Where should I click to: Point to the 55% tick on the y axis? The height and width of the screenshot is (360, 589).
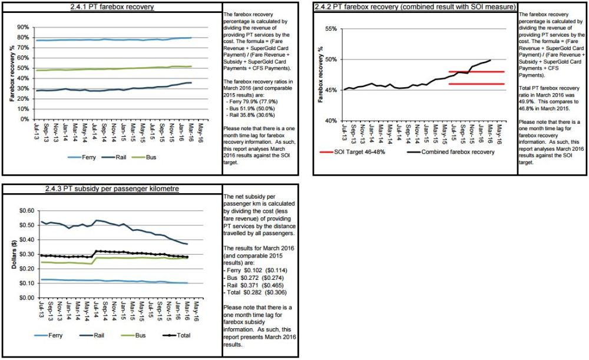pyautogui.click(x=330, y=29)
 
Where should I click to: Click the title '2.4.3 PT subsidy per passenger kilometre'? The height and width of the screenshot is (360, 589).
pyautogui.click(x=112, y=189)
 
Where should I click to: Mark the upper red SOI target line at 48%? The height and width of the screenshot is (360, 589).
pyautogui.click(x=477, y=72)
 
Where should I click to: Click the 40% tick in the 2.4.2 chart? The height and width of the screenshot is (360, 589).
pyautogui.click(x=330, y=120)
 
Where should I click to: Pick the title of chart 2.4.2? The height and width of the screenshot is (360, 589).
pyautogui.click(x=415, y=6)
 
